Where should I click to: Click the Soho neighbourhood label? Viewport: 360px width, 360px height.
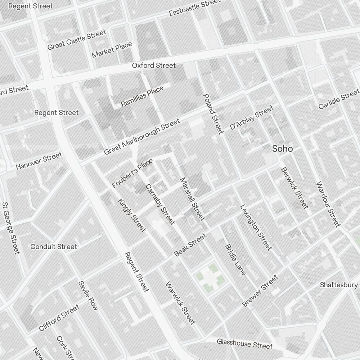282,149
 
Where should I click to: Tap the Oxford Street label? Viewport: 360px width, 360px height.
154,66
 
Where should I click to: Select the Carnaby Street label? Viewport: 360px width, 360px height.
160,204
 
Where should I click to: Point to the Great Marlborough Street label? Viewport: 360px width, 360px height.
142,137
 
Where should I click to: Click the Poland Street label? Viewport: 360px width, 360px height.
213,113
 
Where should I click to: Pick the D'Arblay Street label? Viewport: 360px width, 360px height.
252,117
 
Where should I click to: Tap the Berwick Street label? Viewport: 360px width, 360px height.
294,188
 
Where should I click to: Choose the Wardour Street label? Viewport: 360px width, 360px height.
328,204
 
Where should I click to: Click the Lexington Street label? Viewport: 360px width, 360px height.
256,227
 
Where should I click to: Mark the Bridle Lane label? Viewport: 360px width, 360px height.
235,260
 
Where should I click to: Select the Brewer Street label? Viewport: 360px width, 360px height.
260,291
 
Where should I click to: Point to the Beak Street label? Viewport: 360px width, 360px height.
190,245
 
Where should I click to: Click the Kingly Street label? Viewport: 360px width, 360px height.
132,215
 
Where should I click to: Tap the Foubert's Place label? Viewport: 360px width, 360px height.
132,173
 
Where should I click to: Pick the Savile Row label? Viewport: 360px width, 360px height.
88,296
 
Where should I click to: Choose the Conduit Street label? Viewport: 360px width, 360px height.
54,247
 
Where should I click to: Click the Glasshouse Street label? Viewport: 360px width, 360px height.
244,343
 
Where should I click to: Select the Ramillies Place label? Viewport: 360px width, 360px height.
142,96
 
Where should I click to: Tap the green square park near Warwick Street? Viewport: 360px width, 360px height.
210,278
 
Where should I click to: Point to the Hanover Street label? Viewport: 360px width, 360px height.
39,161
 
